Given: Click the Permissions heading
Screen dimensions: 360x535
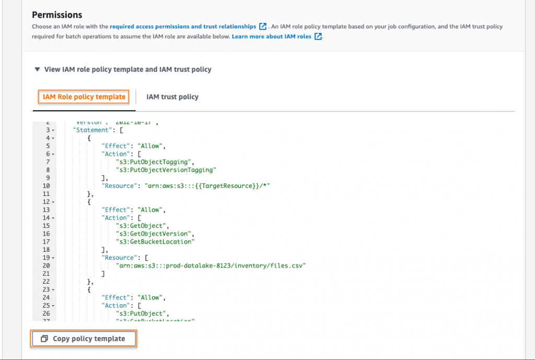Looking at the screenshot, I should pyautogui.click(x=57, y=15).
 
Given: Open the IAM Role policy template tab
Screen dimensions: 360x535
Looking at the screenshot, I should pyautogui.click(x=84, y=97).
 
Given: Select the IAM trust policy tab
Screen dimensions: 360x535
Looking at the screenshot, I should pyautogui.click(x=172, y=97).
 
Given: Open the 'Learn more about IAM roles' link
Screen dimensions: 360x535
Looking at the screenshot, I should pyautogui.click(x=272, y=37).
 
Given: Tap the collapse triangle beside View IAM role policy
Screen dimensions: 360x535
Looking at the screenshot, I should pyautogui.click(x=37, y=69).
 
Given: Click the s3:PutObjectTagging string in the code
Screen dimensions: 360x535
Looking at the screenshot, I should pyautogui.click(x=155, y=162).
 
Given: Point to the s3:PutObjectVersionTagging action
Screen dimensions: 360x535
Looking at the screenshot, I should pyautogui.click(x=166, y=170).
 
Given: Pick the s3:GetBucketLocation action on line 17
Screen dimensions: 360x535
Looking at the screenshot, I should pyautogui.click(x=155, y=242).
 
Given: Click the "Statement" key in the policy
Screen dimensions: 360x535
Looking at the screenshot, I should pyautogui.click(x=92, y=130).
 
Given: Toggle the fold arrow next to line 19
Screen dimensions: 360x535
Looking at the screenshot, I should pyautogui.click(x=54, y=258).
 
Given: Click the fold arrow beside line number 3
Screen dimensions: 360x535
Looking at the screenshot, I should pyautogui.click(x=54, y=130).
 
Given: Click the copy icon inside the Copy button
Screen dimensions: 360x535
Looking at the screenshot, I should pyautogui.click(x=44, y=339).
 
